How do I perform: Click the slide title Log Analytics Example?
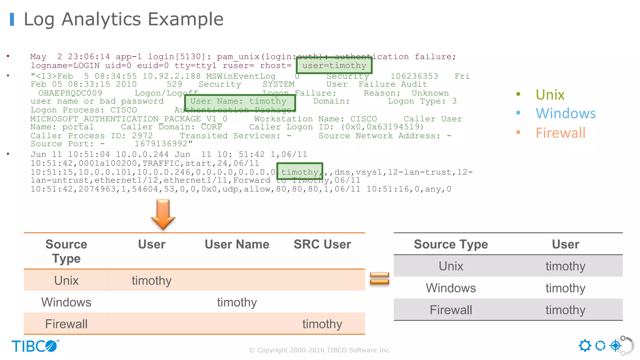(x=123, y=19)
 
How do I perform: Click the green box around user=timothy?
(x=334, y=65)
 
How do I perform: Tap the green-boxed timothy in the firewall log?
(x=299, y=172)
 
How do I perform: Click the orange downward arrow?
(x=163, y=214)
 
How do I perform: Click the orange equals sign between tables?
(x=379, y=278)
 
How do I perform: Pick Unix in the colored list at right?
(x=550, y=95)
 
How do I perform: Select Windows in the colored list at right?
(x=565, y=113)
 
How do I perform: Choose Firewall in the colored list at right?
(x=560, y=133)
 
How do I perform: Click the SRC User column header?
(x=322, y=244)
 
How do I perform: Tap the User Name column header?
(x=237, y=244)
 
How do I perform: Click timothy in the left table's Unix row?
(x=152, y=281)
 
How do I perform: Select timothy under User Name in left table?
(x=237, y=302)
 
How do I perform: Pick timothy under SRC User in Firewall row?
(x=322, y=324)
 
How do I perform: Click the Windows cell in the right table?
(x=451, y=288)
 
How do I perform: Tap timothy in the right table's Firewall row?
(x=565, y=310)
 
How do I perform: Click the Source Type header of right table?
(x=451, y=244)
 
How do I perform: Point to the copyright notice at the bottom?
(x=320, y=350)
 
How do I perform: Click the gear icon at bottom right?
(x=585, y=346)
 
